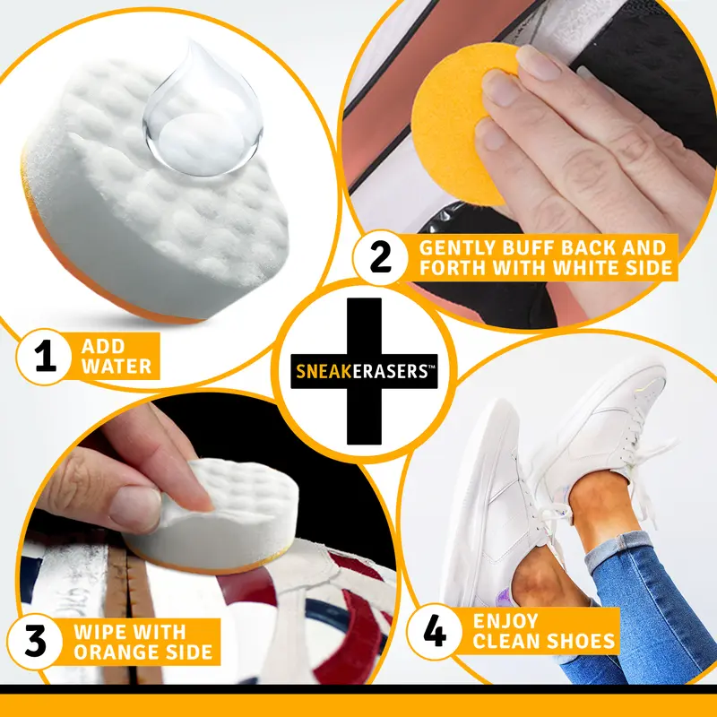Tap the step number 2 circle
pyautogui.click(x=381, y=257)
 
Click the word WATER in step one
pyautogui.click(x=117, y=366)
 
